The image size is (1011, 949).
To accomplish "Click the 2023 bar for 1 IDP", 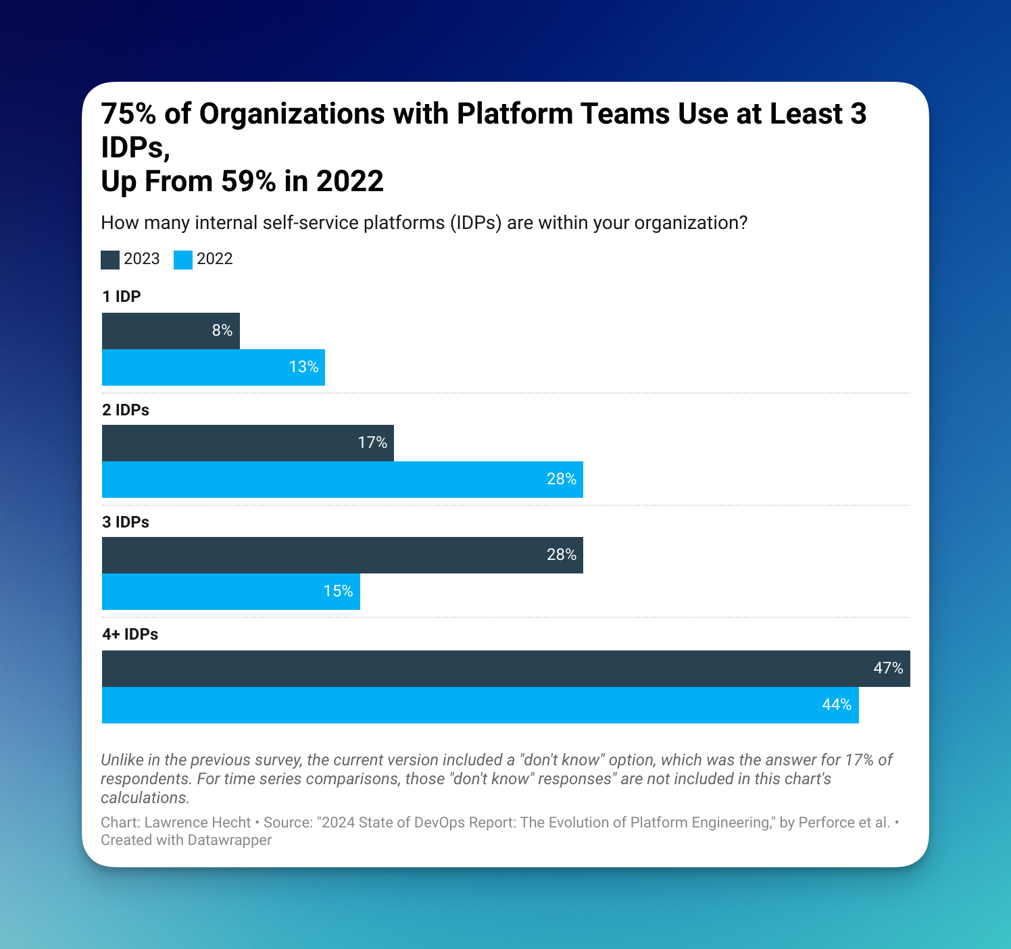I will click(170, 331).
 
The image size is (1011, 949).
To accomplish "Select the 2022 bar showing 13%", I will click(213, 367).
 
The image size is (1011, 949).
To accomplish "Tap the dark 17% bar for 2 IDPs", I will click(247, 443).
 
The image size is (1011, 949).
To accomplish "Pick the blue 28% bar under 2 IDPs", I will click(342, 480).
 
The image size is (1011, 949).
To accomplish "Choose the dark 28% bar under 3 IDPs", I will click(342, 555).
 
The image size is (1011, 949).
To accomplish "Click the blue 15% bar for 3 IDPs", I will click(230, 592).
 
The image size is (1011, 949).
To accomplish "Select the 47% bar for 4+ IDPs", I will click(505, 669).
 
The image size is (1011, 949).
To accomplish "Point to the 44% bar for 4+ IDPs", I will click(480, 705).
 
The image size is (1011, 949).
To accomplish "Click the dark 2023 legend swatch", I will click(110, 260).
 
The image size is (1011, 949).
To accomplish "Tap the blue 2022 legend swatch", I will click(183, 260).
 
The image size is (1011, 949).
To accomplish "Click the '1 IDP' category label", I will click(122, 297).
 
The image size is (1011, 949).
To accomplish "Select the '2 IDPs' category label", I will click(126, 410).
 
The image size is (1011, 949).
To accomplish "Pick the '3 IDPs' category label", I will click(126, 522).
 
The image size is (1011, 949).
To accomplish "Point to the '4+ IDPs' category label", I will click(130, 634).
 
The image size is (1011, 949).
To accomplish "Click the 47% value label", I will click(888, 669).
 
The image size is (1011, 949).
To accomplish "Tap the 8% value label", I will click(222, 331).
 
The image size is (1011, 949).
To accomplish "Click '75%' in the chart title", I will click(128, 115).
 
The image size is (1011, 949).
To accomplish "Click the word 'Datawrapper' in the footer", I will click(230, 840).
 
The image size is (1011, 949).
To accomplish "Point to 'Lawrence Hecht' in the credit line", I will click(197, 823).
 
